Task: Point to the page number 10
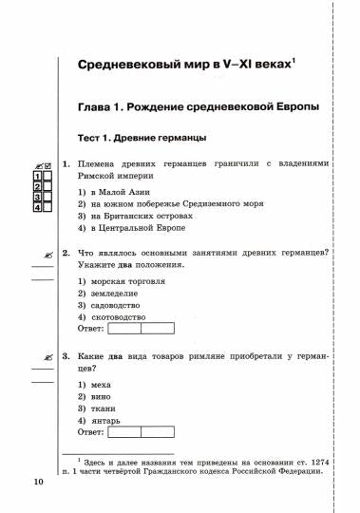click(x=38, y=483)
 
